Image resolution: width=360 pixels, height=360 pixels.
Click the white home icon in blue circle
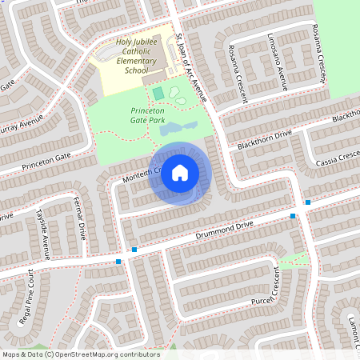(x=180, y=173)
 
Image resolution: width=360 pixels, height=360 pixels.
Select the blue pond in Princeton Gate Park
(x=175, y=127)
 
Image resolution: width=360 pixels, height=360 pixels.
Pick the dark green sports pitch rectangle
(x=158, y=93)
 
